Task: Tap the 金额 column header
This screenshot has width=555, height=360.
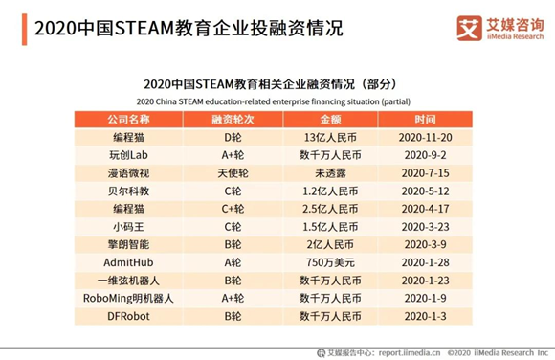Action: [329, 120]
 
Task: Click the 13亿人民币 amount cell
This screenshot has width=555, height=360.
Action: [329, 138]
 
